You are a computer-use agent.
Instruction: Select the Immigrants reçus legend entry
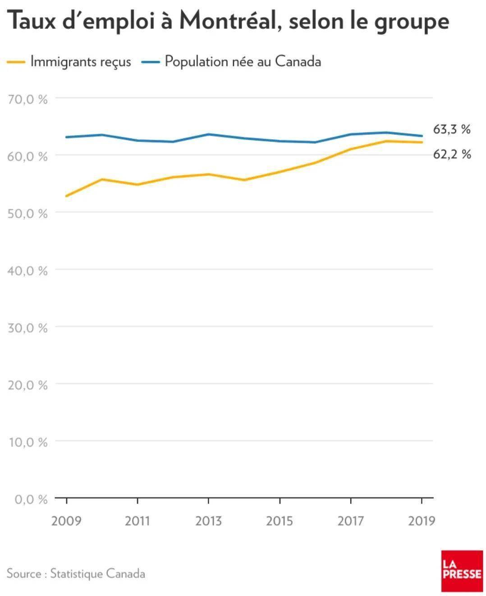tap(80, 62)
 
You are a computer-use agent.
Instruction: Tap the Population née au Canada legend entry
tap(243, 61)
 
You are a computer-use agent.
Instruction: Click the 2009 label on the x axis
tap(66, 521)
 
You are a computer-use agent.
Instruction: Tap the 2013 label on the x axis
tap(208, 521)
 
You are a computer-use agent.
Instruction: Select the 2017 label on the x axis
tap(350, 521)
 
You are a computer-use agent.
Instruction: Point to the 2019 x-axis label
tap(422, 521)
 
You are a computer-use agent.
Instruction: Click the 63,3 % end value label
tap(452, 130)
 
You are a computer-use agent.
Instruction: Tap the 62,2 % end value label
tap(452, 155)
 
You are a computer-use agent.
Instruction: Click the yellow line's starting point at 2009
tap(66, 196)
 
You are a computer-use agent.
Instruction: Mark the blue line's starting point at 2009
tap(66, 137)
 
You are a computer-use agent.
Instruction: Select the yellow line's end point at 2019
tap(422, 142)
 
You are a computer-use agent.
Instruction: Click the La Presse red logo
tap(462, 570)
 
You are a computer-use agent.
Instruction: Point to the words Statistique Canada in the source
tap(97, 573)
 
